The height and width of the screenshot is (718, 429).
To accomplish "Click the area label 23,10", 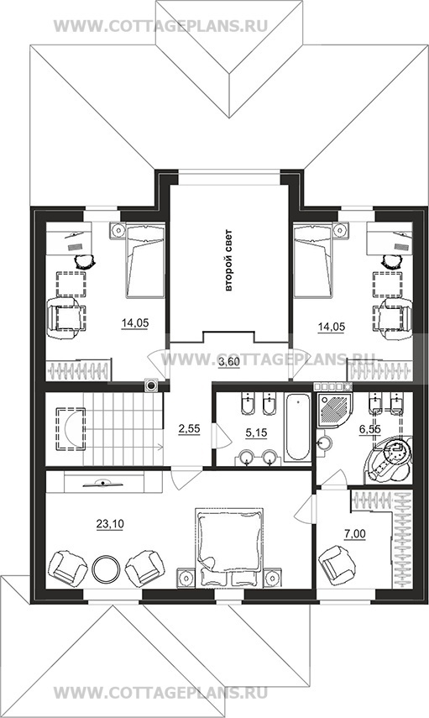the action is (109, 524).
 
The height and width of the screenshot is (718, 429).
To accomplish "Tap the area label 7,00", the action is (355, 533).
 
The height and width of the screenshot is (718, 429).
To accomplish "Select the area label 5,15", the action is (256, 432).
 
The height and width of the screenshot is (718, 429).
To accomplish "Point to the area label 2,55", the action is (189, 428).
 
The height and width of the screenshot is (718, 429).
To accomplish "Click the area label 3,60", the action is (228, 362).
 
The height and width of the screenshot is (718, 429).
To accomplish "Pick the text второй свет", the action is (229, 260).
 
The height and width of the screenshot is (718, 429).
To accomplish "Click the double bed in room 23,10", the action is (229, 548).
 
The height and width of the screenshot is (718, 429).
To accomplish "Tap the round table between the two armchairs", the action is (107, 569).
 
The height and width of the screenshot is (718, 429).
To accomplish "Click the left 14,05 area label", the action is (135, 323).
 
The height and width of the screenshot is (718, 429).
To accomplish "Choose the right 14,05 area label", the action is (332, 327).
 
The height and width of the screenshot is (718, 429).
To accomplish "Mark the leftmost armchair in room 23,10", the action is (68, 569).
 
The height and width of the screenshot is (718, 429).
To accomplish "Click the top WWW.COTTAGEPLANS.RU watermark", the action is (160, 26).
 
